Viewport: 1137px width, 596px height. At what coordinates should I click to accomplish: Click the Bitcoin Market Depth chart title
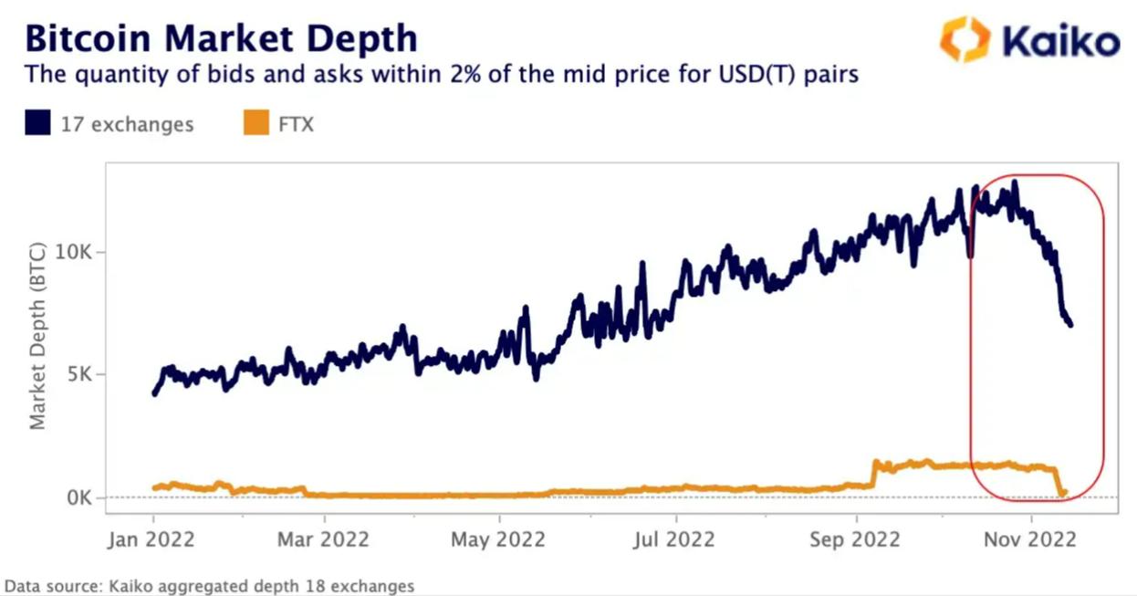coord(221,38)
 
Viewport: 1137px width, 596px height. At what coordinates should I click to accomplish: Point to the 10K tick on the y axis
coord(74,252)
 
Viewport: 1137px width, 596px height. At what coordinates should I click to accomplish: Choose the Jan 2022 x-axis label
coord(152,539)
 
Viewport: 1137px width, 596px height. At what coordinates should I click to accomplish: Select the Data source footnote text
coord(210,586)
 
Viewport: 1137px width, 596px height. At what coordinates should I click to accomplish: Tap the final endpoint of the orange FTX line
coord(1064,492)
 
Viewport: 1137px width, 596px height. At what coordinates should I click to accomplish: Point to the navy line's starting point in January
coord(153,393)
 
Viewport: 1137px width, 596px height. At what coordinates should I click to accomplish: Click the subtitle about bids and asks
coord(442,74)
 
